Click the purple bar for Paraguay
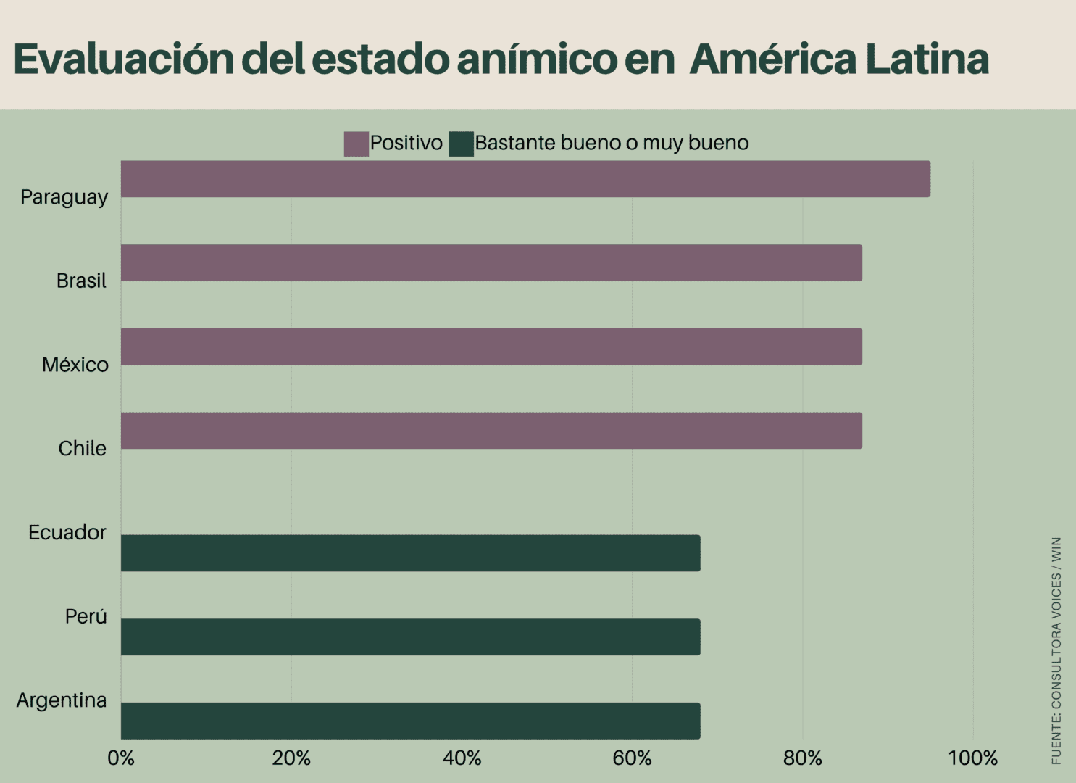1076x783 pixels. coord(525,179)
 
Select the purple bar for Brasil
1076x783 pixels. coord(491,263)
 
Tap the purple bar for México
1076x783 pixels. coord(491,347)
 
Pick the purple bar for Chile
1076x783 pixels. coord(491,431)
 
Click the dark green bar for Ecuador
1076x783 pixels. coord(410,553)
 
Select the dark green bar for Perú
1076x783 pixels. coord(410,637)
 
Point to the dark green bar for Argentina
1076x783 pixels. coord(410,721)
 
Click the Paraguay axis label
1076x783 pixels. coord(64,197)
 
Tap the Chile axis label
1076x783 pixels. coord(82,449)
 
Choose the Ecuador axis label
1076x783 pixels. coord(67,533)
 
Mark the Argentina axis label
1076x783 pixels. coord(62,700)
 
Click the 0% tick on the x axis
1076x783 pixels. coord(121,758)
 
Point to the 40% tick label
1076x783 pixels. coord(462,758)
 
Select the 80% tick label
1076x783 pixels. coord(802,758)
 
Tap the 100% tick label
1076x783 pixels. coord(972,758)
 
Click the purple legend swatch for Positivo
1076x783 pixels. coord(356,144)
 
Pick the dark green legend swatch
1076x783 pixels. coord(461,144)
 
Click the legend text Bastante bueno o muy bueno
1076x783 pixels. coord(612,143)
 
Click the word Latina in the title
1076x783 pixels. coord(927,59)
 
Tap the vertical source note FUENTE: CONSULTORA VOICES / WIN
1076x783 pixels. coord(1056,650)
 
